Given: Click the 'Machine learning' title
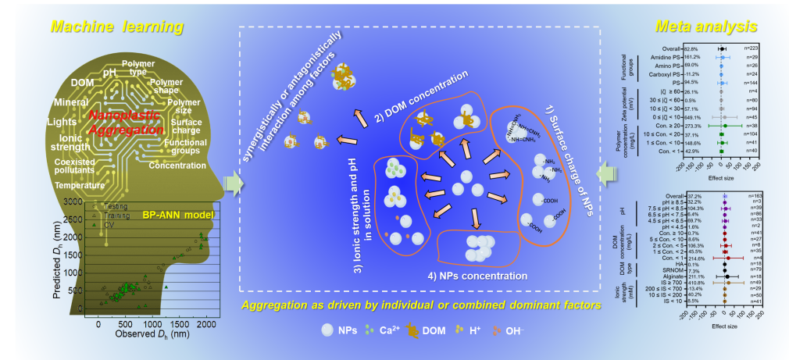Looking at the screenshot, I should (x=116, y=27).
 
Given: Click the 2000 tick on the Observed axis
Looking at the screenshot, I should (x=205, y=323).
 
